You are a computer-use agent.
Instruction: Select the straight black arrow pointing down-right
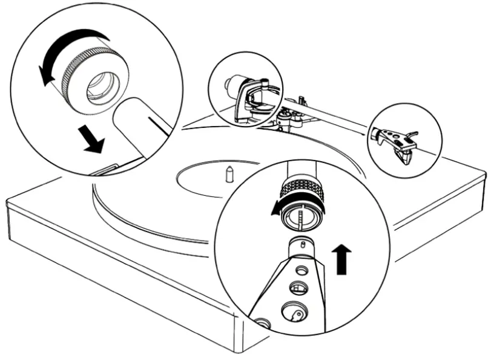[92, 141]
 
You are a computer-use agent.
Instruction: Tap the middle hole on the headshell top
[296, 287]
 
